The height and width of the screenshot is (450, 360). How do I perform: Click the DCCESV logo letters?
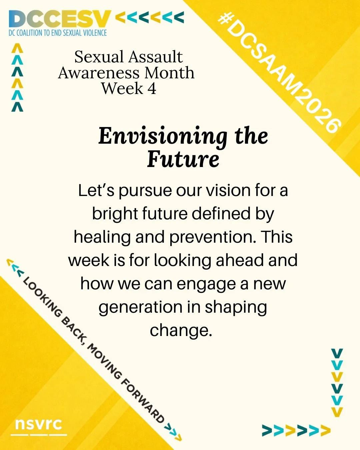(59, 19)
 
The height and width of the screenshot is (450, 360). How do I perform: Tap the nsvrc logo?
(38, 424)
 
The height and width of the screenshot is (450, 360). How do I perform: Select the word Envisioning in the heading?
(163, 137)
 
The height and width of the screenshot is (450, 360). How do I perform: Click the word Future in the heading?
(183, 159)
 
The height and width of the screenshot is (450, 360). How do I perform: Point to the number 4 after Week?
(152, 89)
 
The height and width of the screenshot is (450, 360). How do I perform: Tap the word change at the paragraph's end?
(181, 330)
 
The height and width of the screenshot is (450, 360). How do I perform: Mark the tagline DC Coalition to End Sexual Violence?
(58, 33)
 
